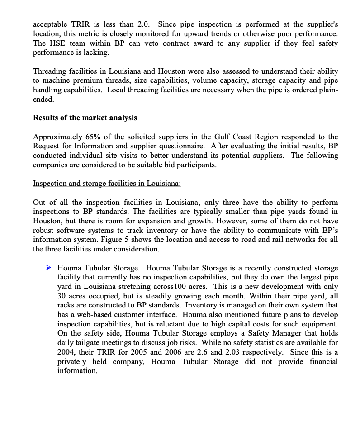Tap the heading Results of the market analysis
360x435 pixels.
pos(85,118)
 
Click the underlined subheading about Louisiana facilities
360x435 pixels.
pos(107,184)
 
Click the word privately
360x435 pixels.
pos(75,362)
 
